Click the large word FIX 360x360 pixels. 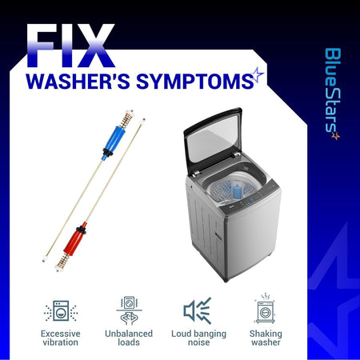pyautogui.click(x=70, y=46)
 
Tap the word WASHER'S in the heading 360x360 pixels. pyautogui.click(x=78, y=81)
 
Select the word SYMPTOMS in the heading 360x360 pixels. pyautogui.click(x=195, y=81)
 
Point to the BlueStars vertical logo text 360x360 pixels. pyautogui.click(x=333, y=90)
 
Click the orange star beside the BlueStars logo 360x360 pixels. pyautogui.click(x=335, y=136)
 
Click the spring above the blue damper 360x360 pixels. pyautogui.click(x=126, y=118)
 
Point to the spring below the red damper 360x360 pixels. pyautogui.click(x=62, y=262)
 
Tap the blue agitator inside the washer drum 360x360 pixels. pyautogui.click(x=237, y=190)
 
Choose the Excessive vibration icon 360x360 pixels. pyautogui.click(x=61, y=311)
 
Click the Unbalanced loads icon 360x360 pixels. pyautogui.click(x=129, y=310)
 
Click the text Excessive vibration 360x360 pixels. pyautogui.click(x=61, y=338)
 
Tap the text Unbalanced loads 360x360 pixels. pyautogui.click(x=129, y=338)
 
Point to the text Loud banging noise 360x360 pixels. pyautogui.click(x=198, y=338)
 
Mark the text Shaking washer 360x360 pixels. pyautogui.click(x=266, y=338)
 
